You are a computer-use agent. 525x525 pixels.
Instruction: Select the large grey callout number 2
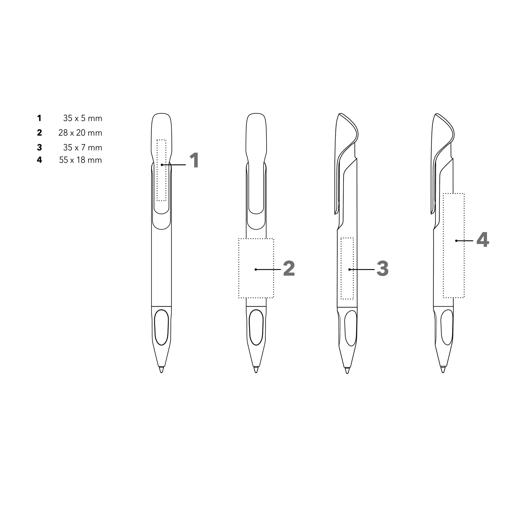click(x=289, y=268)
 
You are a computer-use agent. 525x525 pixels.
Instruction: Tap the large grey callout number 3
click(x=383, y=268)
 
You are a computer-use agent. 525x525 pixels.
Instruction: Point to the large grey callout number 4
click(x=483, y=240)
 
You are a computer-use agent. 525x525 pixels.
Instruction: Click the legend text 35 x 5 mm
click(x=83, y=118)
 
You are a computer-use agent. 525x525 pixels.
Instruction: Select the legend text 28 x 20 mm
click(x=80, y=133)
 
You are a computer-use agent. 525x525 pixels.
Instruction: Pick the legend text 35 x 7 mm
click(x=83, y=148)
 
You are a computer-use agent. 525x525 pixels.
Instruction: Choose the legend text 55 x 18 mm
click(x=80, y=160)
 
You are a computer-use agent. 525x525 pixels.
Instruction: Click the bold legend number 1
click(x=39, y=118)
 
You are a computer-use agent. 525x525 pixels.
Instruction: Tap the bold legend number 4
click(x=39, y=160)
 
